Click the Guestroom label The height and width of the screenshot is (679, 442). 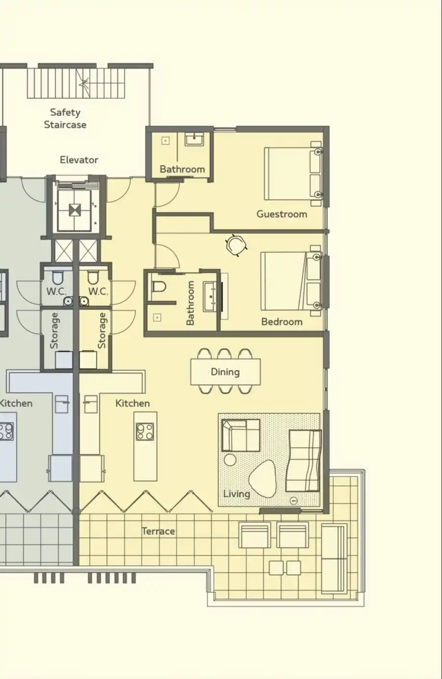pyautogui.click(x=282, y=214)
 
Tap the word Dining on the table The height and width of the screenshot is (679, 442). pyautogui.click(x=225, y=372)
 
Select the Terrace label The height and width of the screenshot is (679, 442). pyautogui.click(x=158, y=531)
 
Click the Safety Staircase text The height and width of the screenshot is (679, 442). pyautogui.click(x=65, y=119)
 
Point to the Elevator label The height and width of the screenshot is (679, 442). pyautogui.click(x=79, y=160)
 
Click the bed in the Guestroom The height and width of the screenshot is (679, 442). pyautogui.click(x=293, y=173)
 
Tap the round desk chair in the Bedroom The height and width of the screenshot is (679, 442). pyautogui.click(x=236, y=245)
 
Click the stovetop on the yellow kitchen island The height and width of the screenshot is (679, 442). pyautogui.click(x=145, y=432)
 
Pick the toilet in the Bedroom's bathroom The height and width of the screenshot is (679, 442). pyautogui.click(x=159, y=286)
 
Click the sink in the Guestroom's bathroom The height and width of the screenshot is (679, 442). pyautogui.click(x=194, y=140)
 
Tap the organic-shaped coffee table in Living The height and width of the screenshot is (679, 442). pyautogui.click(x=263, y=479)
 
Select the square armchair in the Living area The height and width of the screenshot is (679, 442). pyautogui.click(x=241, y=435)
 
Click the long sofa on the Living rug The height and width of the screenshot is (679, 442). pyautogui.click(x=303, y=461)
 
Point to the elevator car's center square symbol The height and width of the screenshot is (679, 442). pyautogui.click(x=75, y=210)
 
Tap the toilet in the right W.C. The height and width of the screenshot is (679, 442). pyautogui.click(x=92, y=277)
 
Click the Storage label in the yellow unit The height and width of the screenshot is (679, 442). pyautogui.click(x=102, y=331)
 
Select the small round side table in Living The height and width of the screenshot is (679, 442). pyautogui.click(x=230, y=460)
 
